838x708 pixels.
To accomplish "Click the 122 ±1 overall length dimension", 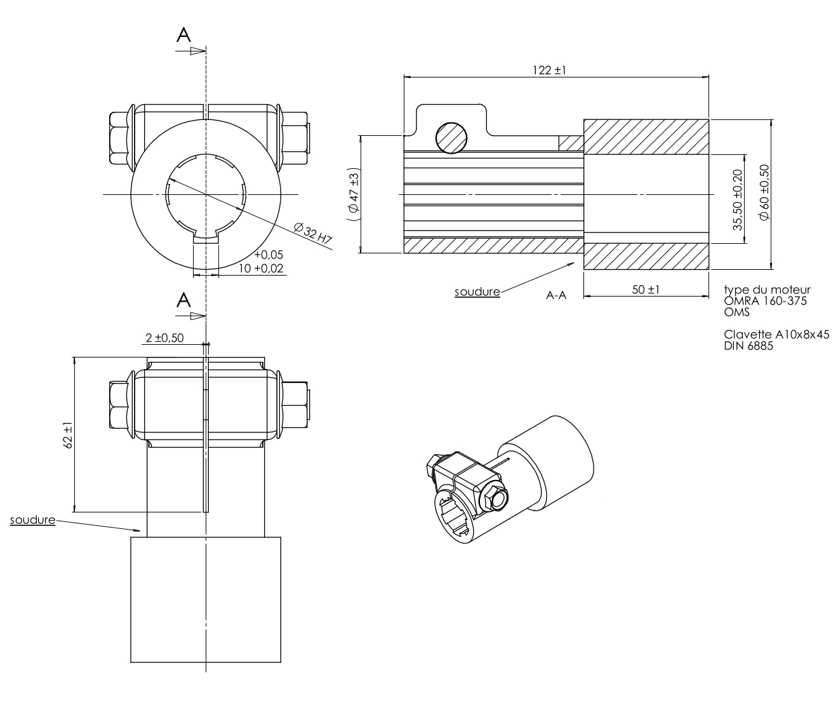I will click(549, 70).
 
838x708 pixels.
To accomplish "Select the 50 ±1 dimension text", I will click(646, 290).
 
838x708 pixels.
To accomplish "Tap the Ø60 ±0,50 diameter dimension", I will click(764, 192).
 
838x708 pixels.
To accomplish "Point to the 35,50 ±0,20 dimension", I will click(737, 199).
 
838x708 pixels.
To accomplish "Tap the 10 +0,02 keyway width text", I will click(262, 269).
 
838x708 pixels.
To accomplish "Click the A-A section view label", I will click(556, 295).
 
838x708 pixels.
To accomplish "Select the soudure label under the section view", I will click(477, 292).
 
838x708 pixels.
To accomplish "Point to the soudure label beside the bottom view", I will click(32, 521).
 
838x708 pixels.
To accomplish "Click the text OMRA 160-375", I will click(765, 301).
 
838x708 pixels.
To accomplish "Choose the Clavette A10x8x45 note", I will click(776, 335).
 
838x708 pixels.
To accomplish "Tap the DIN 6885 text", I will click(748, 345).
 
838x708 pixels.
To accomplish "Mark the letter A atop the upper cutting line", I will click(183, 36).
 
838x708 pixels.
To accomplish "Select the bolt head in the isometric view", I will click(495, 498).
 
